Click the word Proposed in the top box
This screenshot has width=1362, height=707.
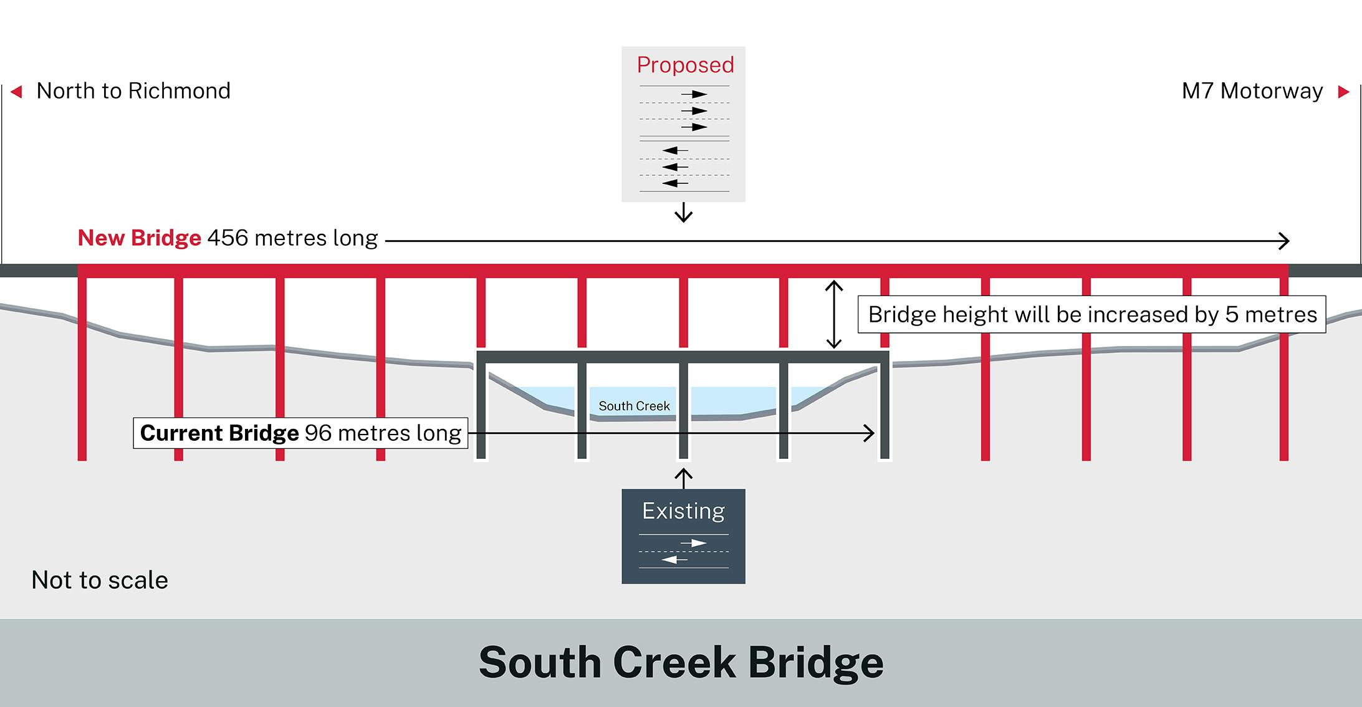coord(685,65)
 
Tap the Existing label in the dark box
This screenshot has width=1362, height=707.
coord(683,511)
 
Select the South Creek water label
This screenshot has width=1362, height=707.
coord(634,406)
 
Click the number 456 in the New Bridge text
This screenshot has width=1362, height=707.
coord(228,238)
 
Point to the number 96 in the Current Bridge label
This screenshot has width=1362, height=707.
coord(318,433)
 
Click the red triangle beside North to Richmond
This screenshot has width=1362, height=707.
coord(17,92)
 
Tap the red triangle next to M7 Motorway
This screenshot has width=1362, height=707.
coord(1343,92)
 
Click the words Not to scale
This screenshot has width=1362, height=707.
coord(100,580)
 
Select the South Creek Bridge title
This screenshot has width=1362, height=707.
coord(681,662)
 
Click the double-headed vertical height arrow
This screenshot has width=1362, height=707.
coord(833,314)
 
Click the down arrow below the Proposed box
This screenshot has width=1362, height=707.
coord(684,213)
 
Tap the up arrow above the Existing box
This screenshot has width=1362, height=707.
coord(684,478)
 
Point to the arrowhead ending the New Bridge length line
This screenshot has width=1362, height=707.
coord(1283,241)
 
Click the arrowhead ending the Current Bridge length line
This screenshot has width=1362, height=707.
coord(869,433)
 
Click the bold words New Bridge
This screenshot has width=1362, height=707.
coord(139,238)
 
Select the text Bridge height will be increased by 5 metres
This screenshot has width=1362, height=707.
coord(1092,314)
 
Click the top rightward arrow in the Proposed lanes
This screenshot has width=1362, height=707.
coord(694,95)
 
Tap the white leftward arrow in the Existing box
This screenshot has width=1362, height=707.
coord(674,560)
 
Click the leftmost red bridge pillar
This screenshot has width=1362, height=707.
coord(82,368)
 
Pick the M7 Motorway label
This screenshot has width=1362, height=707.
coord(1252,91)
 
